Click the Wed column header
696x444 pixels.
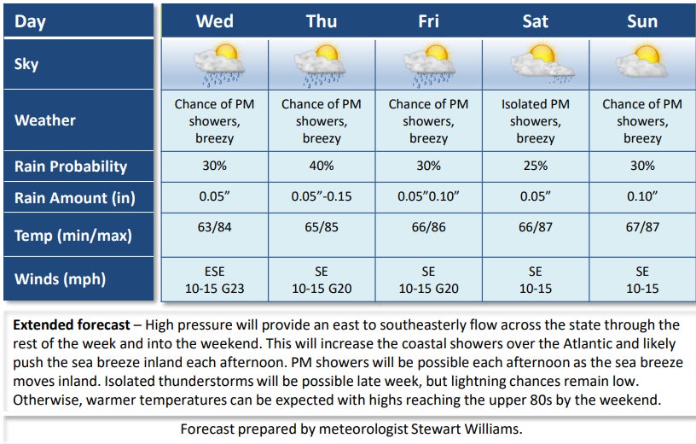coord(214,21)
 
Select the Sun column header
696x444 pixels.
coord(641,21)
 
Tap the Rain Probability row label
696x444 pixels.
coord(71,166)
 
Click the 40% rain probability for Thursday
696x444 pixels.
coord(321,166)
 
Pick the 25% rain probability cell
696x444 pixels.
coord(535,166)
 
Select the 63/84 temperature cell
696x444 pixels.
coord(214,227)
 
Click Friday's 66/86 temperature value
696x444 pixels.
coord(428,227)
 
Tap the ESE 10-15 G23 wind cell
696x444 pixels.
coord(214,280)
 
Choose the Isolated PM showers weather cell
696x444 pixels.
coord(535,120)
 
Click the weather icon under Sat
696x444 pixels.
coord(536,65)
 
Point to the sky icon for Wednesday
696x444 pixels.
coord(216,65)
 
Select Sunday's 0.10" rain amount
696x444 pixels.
coord(641,197)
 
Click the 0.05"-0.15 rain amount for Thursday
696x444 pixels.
coord(321,197)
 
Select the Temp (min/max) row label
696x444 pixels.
coord(73,235)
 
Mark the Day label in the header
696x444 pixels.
coord(31,21)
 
